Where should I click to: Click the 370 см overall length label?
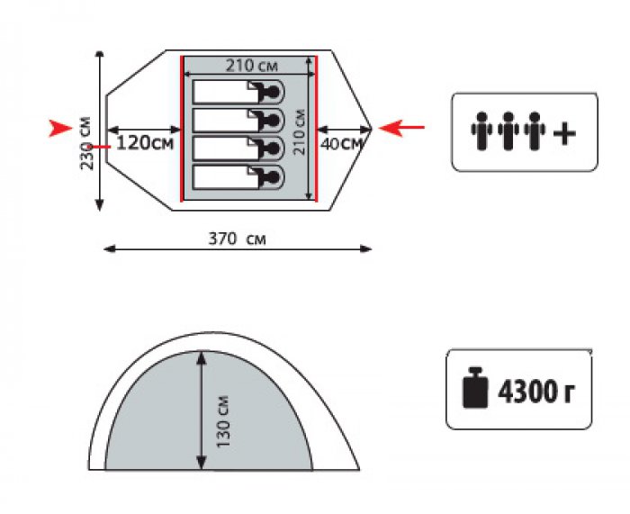(x=237, y=239)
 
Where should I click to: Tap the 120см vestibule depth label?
(x=145, y=143)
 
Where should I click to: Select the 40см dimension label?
(x=342, y=144)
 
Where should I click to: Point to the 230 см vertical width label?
(x=87, y=143)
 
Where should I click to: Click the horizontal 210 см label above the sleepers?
(x=251, y=66)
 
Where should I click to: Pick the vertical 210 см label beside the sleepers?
(x=300, y=131)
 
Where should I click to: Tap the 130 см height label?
(x=223, y=421)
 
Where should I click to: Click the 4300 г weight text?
(x=536, y=392)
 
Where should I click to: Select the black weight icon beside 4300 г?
(x=475, y=388)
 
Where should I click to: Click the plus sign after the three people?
(x=564, y=133)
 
